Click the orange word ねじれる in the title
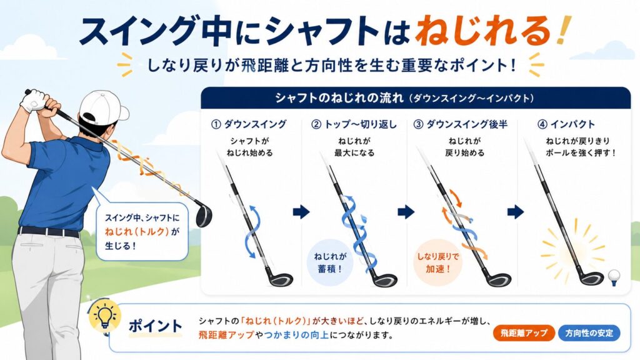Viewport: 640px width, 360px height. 484,30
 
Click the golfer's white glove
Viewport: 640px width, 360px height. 34,100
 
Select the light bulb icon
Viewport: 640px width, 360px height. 105,316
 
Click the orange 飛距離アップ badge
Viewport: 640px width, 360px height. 524,333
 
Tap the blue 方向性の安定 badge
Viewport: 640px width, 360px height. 589,333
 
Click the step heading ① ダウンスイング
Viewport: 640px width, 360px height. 249,124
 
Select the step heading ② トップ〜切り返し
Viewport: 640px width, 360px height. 354,124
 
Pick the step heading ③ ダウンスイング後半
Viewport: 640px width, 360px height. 461,124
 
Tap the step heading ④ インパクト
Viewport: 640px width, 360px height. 566,124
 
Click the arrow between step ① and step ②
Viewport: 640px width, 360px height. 301,212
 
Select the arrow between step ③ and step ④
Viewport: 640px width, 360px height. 516,212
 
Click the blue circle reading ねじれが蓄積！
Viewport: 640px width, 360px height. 330,262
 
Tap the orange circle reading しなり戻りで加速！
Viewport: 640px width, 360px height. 437,262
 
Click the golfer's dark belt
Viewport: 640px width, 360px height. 49,232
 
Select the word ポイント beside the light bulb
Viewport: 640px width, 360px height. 156,326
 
